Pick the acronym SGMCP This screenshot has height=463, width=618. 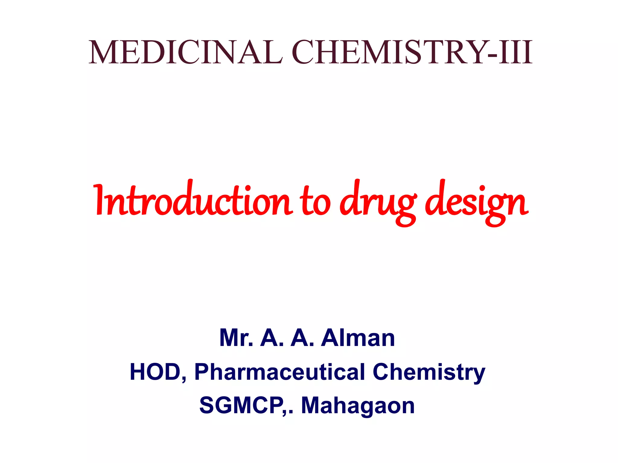point(241,405)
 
